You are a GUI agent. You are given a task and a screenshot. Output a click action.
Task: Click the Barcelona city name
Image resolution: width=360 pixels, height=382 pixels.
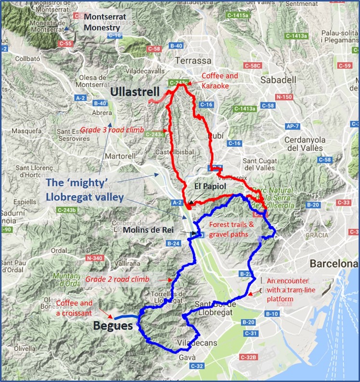point(334,264)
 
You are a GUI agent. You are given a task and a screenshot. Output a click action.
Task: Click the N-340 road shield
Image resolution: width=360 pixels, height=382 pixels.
point(95,258)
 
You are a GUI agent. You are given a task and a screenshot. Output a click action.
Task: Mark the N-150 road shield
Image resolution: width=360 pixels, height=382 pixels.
point(284,97)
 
